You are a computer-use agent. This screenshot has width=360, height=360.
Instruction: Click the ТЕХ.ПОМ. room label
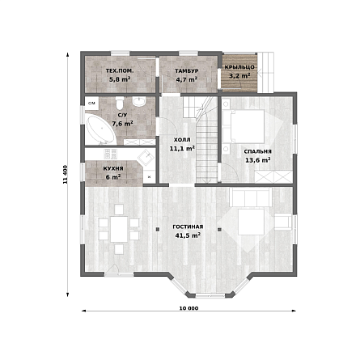120,71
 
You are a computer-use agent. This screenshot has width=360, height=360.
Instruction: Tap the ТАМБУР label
187,71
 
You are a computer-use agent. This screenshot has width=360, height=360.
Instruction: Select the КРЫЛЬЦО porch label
239,67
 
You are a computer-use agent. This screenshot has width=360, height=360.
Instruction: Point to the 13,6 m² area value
258,160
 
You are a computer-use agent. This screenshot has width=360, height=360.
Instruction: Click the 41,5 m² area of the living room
188,235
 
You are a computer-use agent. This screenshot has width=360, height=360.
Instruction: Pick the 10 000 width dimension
188,308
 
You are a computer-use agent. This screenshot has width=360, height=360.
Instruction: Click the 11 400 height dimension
65,174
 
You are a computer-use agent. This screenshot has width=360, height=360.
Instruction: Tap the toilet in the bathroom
119,103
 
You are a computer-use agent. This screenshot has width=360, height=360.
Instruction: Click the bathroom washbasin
139,101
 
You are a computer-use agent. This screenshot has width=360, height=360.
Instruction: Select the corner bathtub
100,130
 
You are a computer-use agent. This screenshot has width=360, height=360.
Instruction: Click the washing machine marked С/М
91,103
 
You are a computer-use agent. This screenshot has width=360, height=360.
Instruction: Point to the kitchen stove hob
111,154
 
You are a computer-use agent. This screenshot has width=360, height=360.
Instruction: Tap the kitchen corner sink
146,159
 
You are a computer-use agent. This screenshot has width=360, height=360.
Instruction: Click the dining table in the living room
119,229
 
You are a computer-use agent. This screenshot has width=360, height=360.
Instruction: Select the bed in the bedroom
244,126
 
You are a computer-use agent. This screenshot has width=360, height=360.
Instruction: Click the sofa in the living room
251,197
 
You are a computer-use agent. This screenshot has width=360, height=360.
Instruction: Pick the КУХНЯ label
113,169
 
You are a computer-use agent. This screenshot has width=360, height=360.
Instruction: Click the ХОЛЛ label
182,140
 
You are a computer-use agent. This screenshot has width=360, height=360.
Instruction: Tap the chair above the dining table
119,210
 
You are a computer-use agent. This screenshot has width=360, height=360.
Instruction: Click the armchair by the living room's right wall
283,222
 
